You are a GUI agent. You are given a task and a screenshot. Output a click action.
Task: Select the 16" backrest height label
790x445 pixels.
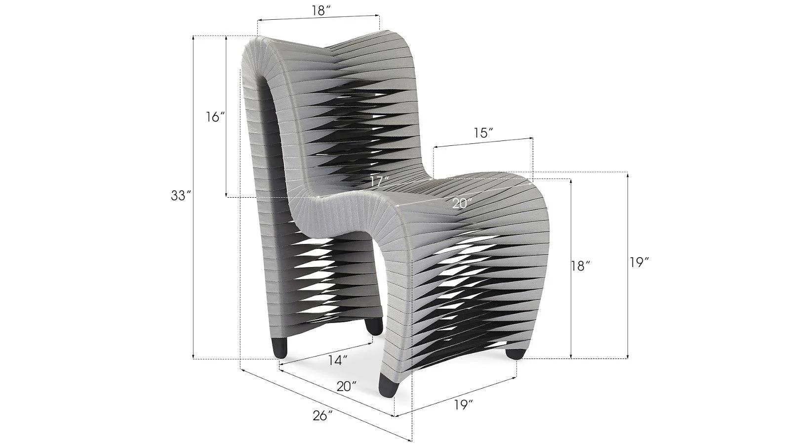(215, 117)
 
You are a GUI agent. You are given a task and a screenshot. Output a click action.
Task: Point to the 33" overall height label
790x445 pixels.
(181, 196)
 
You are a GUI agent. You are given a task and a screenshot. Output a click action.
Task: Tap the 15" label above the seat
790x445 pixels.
(484, 133)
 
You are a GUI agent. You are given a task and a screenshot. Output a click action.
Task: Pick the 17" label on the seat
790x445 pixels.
(380, 181)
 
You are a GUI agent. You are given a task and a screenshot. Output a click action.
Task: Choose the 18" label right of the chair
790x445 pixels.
(581, 266)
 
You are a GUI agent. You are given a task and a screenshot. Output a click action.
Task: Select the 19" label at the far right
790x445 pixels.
(639, 263)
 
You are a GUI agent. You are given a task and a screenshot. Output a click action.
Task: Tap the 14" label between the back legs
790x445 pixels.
(338, 360)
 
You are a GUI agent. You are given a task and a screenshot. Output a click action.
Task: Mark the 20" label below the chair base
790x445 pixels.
(347, 386)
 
